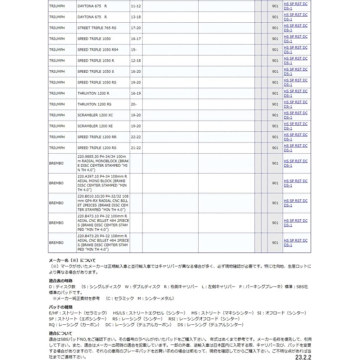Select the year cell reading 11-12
[x=136, y=6]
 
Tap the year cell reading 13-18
[x=136, y=17]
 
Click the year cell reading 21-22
[x=136, y=148]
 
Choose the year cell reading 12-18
[x=136, y=60]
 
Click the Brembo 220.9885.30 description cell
[x=103, y=163]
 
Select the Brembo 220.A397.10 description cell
[x=103, y=183]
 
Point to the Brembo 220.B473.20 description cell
[x=103, y=243]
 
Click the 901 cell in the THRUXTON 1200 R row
[x=275, y=93]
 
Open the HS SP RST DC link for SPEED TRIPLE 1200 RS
[x=296, y=145]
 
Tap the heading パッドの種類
[x=60, y=307]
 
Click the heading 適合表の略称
[x=60, y=280]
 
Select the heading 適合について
[x=60, y=333]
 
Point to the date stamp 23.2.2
[x=302, y=357]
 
